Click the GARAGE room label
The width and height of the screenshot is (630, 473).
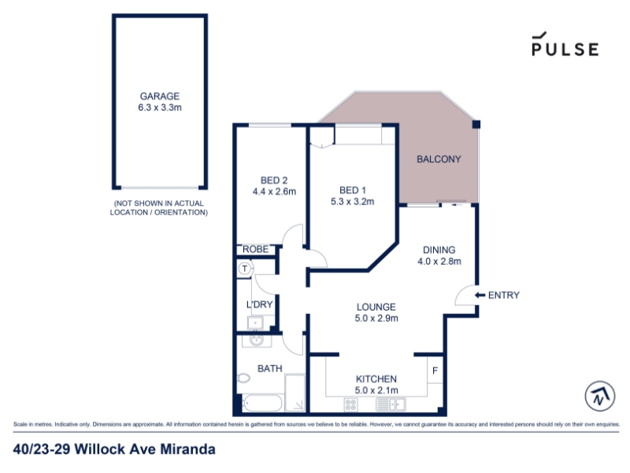click(160, 96)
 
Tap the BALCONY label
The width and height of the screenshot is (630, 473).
click(439, 159)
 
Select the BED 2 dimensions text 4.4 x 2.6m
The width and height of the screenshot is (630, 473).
click(274, 192)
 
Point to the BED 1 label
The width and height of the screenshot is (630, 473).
click(352, 190)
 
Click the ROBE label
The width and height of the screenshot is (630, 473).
click(255, 249)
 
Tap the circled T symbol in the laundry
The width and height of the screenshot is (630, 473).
click(245, 268)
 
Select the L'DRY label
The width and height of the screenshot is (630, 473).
click(260, 304)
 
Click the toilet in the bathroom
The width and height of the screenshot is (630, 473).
click(244, 378)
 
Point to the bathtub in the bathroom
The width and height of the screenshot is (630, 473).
click(262, 403)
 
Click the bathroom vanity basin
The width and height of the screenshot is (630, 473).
click(256, 341)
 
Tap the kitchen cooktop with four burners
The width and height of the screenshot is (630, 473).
click(351, 404)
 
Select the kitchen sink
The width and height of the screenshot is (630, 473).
click(391, 404)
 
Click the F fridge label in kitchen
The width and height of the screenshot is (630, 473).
click(435, 371)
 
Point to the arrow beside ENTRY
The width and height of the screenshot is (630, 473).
click(480, 295)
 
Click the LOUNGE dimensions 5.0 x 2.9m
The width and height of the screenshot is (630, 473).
click(376, 318)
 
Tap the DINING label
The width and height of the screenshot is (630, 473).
click(439, 250)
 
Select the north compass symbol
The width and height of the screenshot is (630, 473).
click(600, 397)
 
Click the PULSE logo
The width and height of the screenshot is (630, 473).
click(565, 44)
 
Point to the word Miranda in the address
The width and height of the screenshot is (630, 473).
click(188, 449)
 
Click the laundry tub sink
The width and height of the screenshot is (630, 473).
click(255, 323)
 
